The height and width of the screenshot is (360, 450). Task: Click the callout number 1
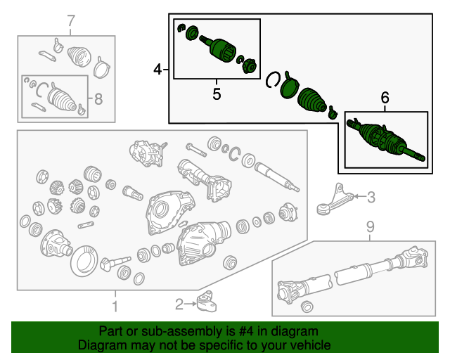114,306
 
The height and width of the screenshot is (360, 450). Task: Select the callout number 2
179,304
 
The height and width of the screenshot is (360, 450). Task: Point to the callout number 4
157,69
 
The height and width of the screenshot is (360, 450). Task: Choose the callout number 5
217,93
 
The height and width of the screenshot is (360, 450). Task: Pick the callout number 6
385,99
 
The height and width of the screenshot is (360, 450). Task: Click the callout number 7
70,21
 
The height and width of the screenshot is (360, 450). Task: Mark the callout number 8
98,99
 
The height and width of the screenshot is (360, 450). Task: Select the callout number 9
369,226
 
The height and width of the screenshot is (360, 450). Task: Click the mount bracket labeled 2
207,303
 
